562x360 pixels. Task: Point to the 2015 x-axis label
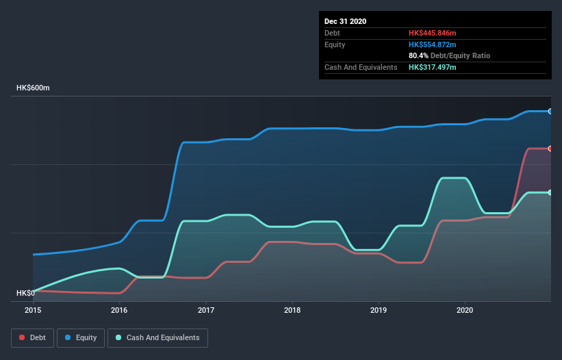tap(33, 310)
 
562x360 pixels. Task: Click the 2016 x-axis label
tap(119, 310)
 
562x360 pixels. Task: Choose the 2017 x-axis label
tap(206, 310)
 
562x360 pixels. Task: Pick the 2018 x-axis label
tap(292, 310)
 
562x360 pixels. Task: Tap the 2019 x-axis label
tap(379, 310)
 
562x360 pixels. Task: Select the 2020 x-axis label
tap(465, 310)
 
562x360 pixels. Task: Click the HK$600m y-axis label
tap(33, 88)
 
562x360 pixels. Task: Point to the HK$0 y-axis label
tap(25, 293)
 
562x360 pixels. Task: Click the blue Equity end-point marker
tap(550, 111)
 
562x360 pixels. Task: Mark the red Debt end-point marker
tap(550, 149)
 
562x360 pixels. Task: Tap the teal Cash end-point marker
tap(550, 192)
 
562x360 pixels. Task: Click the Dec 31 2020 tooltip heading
tap(345, 21)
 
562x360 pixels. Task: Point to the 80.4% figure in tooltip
tap(418, 55)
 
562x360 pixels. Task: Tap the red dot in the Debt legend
tap(23, 337)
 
